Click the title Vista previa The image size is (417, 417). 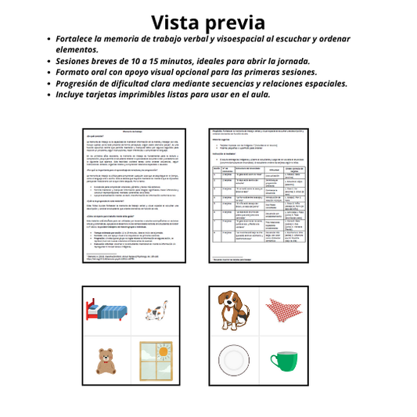(x=208, y=22)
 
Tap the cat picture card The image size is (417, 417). (x=155, y=315)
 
